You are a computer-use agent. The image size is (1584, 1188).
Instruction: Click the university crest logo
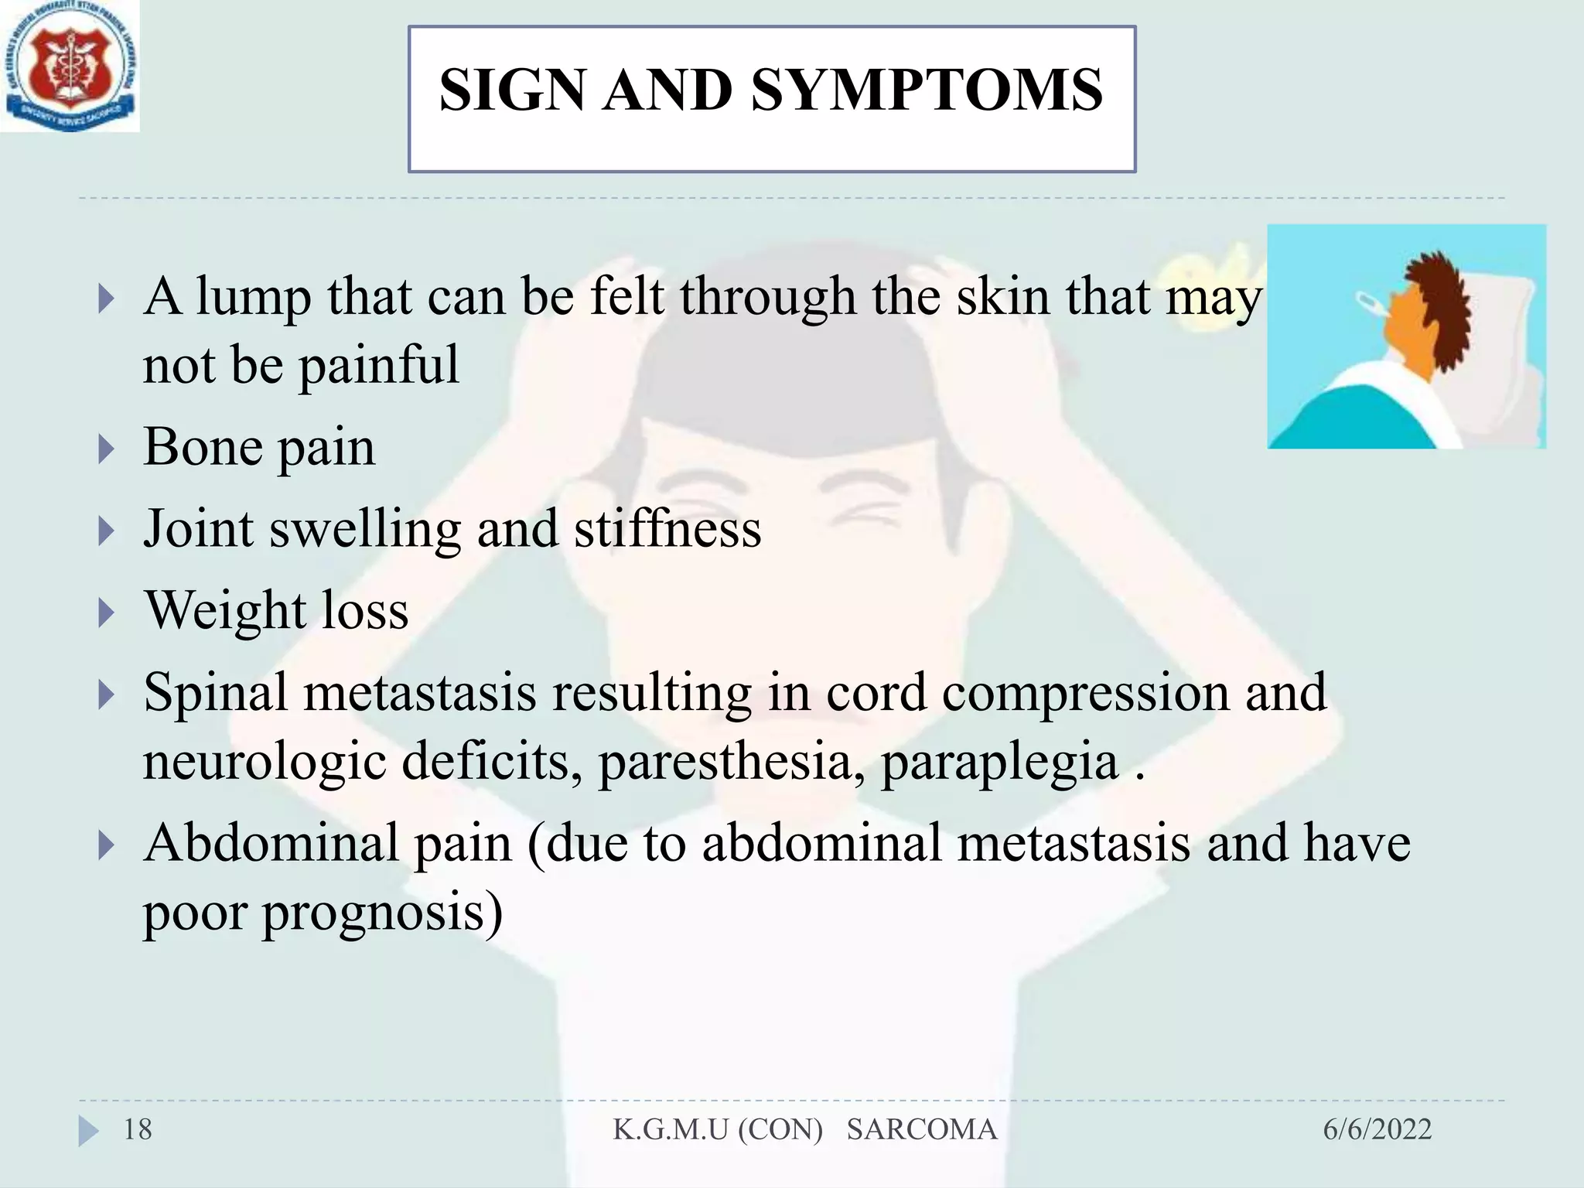[70, 67]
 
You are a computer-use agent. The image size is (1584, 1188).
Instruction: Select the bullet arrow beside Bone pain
[107, 449]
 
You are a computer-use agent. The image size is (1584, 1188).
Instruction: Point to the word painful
[378, 365]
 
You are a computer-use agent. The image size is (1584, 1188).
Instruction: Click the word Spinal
[215, 692]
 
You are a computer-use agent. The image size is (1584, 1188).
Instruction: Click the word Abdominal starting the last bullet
[271, 843]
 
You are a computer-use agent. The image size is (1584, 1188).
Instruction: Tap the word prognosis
[382, 913]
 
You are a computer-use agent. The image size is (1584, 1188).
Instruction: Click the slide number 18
[138, 1130]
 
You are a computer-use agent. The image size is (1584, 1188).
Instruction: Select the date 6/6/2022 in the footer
[1377, 1130]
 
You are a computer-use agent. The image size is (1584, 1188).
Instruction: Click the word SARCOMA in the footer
[921, 1130]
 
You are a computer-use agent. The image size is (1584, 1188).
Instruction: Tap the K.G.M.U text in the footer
[671, 1130]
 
